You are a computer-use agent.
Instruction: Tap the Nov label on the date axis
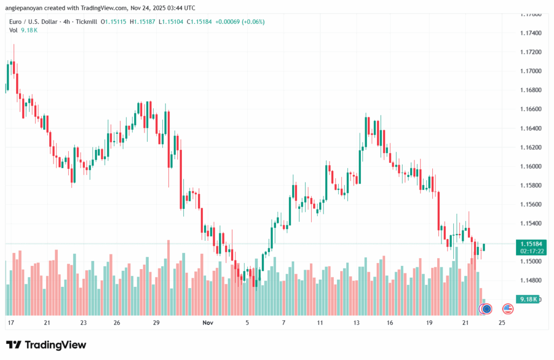click(208, 323)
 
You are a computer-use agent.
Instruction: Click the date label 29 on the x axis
click(156, 323)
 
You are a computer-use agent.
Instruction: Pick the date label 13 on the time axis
click(357, 323)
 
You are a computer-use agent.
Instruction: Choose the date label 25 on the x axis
click(502, 323)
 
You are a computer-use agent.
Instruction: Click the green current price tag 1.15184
click(527, 244)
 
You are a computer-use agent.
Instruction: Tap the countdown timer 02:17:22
click(527, 251)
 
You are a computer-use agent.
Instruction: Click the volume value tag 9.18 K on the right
click(526, 299)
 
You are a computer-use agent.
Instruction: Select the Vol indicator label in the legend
click(14, 30)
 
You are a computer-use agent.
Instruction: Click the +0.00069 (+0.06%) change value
click(240, 22)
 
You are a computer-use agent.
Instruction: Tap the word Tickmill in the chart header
click(85, 22)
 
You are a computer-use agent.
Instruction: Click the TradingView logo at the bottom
click(46, 345)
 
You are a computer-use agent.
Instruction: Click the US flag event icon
click(507, 309)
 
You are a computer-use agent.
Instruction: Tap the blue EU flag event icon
click(487, 309)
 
